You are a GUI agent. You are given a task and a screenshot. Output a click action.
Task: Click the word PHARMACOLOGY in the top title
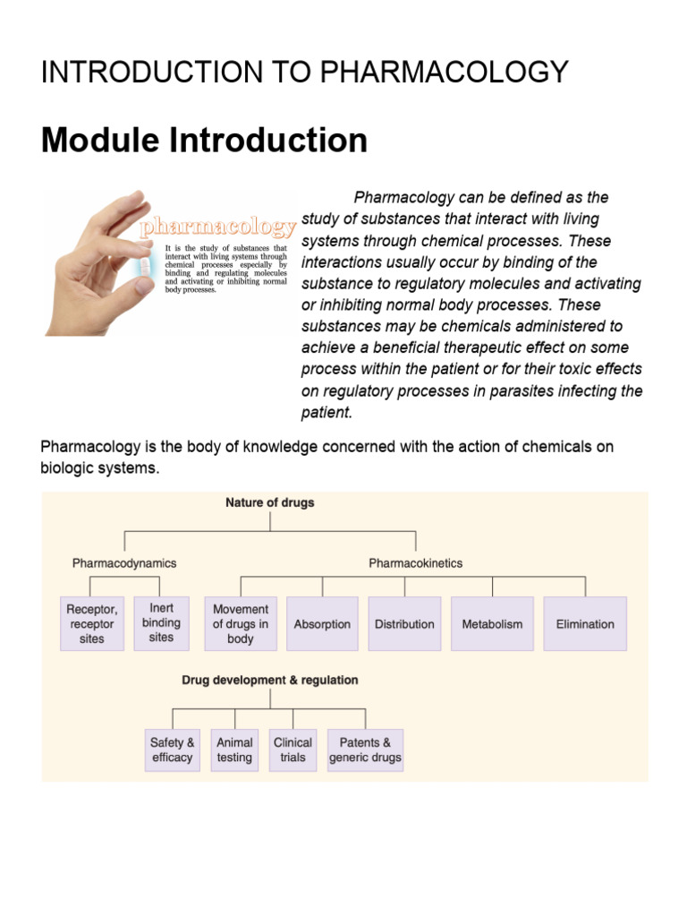coord(444,72)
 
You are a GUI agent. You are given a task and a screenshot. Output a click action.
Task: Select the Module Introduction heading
coord(205,141)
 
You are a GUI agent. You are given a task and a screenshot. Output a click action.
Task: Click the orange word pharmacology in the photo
coord(217,227)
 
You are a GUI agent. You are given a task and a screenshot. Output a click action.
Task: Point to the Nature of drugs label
coord(270,502)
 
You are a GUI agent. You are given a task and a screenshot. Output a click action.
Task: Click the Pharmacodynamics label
coord(124,563)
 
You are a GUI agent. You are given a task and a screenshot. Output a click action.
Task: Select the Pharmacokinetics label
coord(415,563)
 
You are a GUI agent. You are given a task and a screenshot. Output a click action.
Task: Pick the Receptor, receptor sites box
coord(92,623)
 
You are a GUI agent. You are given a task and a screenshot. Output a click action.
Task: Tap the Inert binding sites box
coord(161,623)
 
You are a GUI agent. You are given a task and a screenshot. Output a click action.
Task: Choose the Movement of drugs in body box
coord(241,623)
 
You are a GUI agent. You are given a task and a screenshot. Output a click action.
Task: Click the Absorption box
coord(322,623)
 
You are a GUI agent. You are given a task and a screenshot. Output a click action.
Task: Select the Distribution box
coord(404,623)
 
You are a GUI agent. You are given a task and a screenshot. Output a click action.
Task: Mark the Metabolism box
coord(493,623)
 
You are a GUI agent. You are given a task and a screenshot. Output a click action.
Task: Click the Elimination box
coord(585,623)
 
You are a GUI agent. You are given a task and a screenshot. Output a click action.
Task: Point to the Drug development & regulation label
coord(270,681)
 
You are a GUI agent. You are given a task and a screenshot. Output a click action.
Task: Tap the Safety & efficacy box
coord(173,750)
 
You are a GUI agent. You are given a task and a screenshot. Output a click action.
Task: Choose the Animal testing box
coord(234,750)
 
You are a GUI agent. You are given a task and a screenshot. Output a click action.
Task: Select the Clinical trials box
coord(293,750)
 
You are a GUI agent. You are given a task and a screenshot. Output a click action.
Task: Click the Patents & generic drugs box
coord(365,750)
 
